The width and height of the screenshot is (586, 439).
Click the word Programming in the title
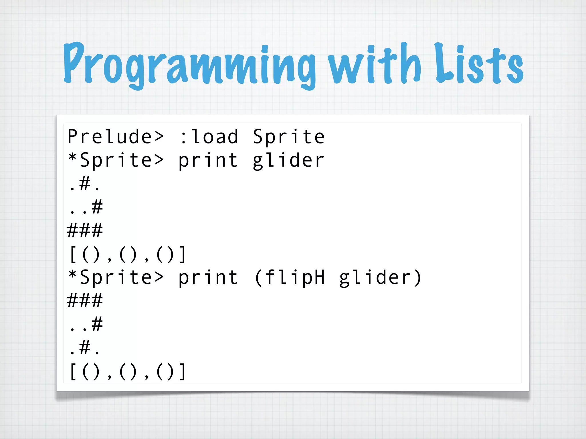coord(189,64)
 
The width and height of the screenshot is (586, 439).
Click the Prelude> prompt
coord(115,137)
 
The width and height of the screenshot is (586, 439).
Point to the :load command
coord(209,137)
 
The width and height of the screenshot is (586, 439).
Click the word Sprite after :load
coord(289,137)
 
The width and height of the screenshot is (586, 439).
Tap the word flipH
coord(295,278)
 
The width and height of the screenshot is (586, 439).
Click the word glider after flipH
coord(375,278)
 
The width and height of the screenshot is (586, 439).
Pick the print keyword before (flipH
coord(208,278)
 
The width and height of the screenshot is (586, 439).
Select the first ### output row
coord(85,230)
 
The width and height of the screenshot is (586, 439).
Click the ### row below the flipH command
coord(85,301)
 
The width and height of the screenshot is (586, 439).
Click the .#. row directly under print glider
coord(85,184)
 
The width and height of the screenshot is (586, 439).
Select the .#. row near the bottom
coord(85,348)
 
